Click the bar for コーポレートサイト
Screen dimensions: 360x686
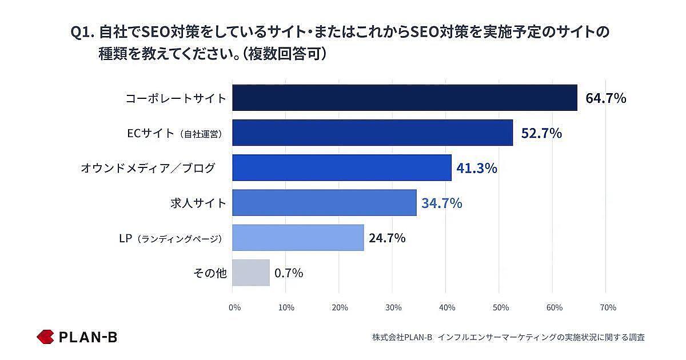tap(405, 98)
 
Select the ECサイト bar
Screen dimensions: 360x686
tap(373, 133)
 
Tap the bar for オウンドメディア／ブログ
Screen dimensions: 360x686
tap(342, 167)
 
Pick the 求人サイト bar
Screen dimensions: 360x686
tap(324, 202)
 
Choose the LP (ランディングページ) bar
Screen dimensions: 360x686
tap(298, 238)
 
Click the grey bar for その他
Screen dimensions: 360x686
tap(251, 273)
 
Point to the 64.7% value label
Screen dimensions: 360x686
tap(605, 98)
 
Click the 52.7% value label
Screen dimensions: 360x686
tap(541, 133)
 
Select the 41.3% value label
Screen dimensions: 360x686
tap(477, 168)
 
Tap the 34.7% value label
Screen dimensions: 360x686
tap(442, 203)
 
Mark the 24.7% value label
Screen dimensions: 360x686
tap(387, 238)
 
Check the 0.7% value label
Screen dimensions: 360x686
tap(289, 273)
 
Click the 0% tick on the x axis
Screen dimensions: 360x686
tap(234, 307)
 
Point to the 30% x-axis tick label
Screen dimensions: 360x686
tap(393, 307)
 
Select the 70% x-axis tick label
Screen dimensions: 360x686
tap(608, 307)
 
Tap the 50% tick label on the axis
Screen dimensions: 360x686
tap(501, 307)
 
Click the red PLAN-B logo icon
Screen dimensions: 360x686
tap(45, 337)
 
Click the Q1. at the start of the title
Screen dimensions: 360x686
tap(82, 33)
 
